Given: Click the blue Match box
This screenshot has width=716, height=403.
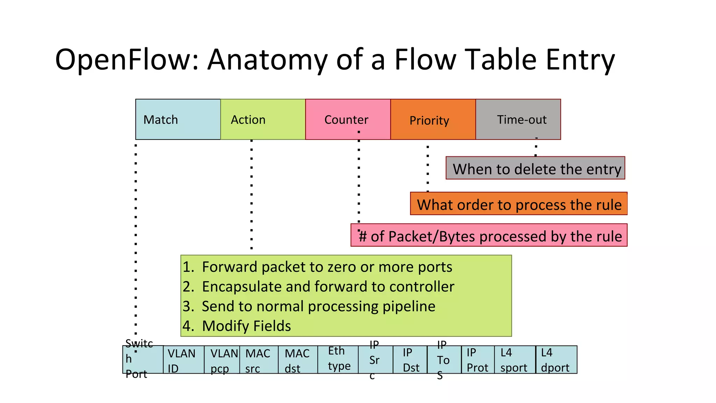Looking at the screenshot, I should click(178, 119).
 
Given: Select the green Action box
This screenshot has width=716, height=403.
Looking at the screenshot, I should click(263, 119).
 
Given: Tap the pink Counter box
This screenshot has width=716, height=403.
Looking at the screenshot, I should click(348, 119).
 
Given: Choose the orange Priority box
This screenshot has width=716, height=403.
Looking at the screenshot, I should click(433, 119).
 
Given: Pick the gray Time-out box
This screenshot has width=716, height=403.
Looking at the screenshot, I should click(518, 119).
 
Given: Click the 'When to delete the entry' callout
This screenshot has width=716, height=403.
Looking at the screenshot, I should click(535, 168).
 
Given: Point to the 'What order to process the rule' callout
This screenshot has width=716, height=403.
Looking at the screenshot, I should click(519, 204).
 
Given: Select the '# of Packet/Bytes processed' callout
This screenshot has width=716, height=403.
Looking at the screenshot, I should click(489, 235).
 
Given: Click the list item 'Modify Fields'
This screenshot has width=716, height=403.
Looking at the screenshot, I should click(246, 326).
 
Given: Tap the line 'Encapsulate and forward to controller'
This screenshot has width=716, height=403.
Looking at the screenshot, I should click(328, 287).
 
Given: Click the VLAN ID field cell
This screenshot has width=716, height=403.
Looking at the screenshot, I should click(184, 360).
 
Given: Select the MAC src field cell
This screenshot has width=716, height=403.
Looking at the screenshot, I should click(259, 360).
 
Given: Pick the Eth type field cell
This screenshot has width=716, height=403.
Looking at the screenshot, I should click(338, 359).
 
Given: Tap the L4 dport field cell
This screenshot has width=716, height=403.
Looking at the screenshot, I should click(556, 360).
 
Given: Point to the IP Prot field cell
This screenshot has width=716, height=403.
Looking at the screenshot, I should click(478, 360).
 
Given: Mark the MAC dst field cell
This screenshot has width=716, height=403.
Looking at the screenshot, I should click(298, 360).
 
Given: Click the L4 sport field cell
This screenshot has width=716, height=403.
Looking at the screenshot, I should click(515, 360).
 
